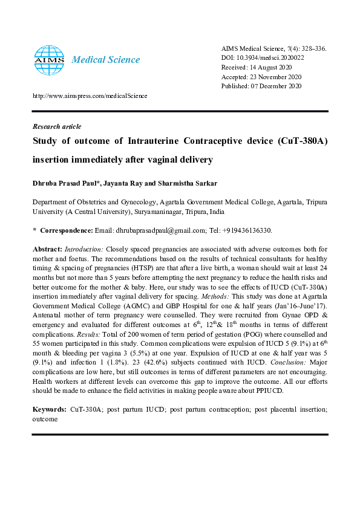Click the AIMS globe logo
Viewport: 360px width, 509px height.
pos(48,59)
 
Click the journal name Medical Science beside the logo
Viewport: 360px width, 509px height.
pos(106,60)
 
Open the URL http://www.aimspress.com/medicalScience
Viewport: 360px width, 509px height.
pos(90,96)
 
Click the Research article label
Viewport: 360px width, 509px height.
pos(56,126)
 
